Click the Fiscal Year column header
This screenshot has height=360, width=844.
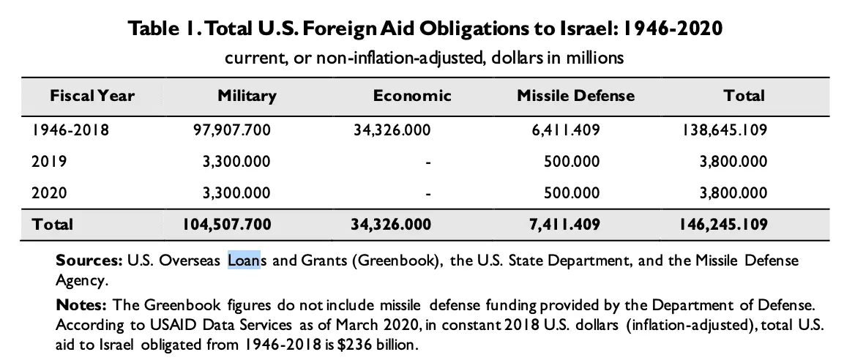pos(92,96)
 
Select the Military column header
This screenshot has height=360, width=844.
pos(247,96)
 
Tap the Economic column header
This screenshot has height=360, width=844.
pos(412,96)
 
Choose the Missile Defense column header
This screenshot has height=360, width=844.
pos(575,96)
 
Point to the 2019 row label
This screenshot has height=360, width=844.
pos(48,162)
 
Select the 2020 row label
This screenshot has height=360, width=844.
pos(49,193)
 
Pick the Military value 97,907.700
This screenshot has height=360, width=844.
pos(228,131)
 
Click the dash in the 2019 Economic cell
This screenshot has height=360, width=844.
pos(427,162)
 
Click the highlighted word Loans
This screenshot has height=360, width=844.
pos(244,260)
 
